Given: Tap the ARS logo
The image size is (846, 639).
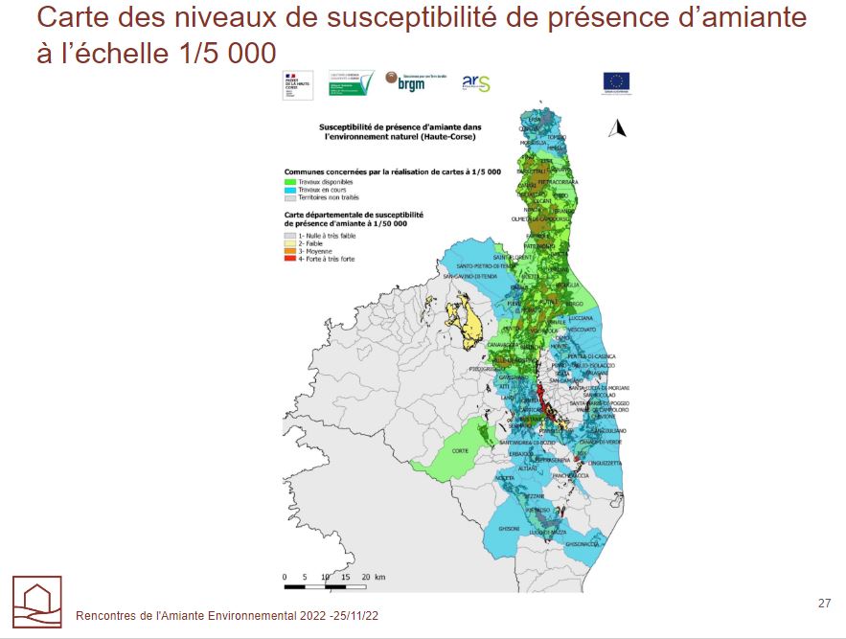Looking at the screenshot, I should point(475,83).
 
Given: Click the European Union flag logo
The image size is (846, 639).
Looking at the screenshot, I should point(616,82).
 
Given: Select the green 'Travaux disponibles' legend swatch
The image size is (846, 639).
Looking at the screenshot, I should point(290,181).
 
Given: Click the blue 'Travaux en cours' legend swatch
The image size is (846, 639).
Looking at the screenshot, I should point(290,189).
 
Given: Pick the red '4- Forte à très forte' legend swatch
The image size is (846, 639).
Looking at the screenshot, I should point(290,259).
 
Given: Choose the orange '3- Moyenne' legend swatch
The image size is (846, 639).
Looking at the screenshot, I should point(290,251).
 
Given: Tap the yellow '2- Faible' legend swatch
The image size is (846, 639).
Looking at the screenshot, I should point(290,243).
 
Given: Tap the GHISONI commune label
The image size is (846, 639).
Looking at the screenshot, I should point(509,529).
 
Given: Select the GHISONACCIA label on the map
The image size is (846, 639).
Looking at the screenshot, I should point(582,544).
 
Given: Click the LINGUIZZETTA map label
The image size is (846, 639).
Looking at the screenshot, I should point(606,462).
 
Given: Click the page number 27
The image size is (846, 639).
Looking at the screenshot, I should point(824,603).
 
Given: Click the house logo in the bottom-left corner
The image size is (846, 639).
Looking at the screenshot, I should point(36,601).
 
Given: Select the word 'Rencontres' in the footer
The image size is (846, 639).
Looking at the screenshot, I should point(103,616).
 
